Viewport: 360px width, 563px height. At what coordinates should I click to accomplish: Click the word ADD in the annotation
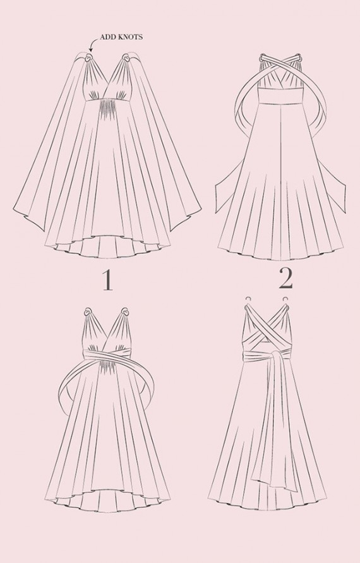pyautogui.click(x=105, y=37)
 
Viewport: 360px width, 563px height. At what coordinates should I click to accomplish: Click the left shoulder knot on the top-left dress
pyautogui.click(x=88, y=58)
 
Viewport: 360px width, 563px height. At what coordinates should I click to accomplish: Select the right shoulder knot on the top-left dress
pyautogui.click(x=126, y=58)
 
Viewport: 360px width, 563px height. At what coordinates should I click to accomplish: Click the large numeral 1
pyautogui.click(x=107, y=280)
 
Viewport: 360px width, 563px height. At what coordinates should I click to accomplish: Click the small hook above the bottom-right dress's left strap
pyautogui.click(x=248, y=299)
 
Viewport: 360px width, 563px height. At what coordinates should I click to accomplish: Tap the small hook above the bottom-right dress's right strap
pyautogui.click(x=285, y=299)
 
